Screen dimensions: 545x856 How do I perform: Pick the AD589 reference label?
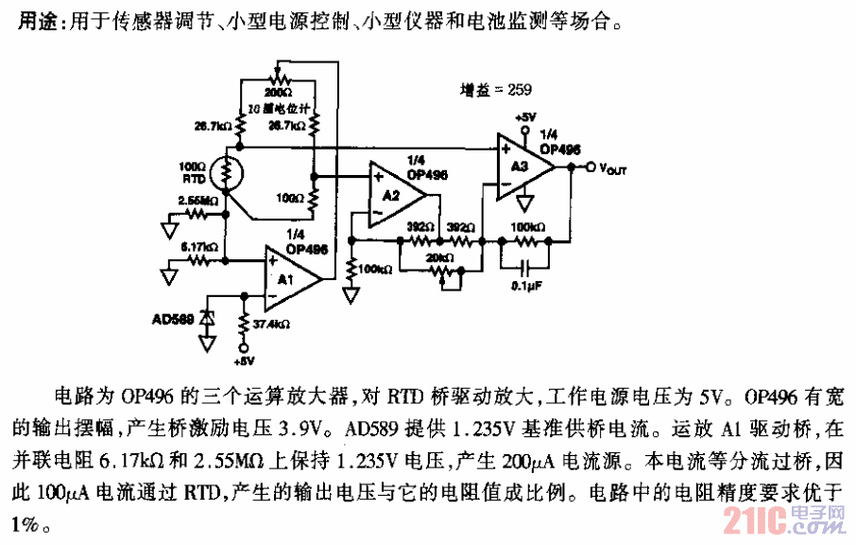pyautogui.click(x=173, y=320)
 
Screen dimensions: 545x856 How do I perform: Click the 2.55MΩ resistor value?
pyautogui.click(x=197, y=201)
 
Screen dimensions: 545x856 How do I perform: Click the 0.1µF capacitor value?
pyautogui.click(x=526, y=286)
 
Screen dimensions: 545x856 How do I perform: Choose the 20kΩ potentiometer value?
pyautogui.click(x=439, y=256)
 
